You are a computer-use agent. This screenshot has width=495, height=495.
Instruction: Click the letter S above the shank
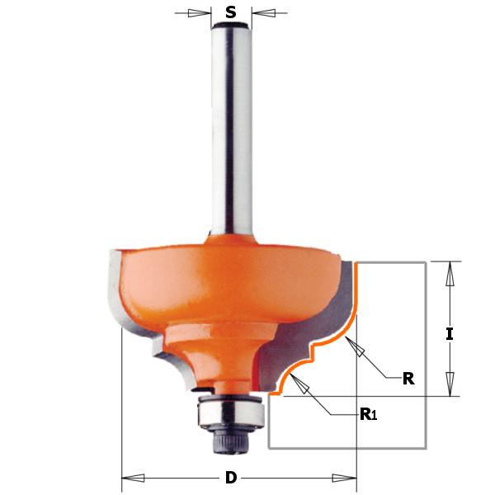pyautogui.click(x=231, y=12)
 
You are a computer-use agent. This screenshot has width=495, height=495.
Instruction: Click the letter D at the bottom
pyautogui.click(x=231, y=477)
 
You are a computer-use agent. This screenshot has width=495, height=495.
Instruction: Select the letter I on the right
pyautogui.click(x=450, y=333)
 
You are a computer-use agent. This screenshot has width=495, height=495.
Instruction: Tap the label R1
pyautogui.click(x=368, y=414)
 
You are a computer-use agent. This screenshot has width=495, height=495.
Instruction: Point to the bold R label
pyautogui.click(x=408, y=379)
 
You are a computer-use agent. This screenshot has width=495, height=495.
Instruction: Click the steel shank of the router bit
pyautogui.click(x=231, y=132)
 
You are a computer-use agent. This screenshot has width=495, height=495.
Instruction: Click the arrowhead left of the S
pyautogui.click(x=198, y=13)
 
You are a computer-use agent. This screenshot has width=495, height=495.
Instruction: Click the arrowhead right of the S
pyautogui.click(x=264, y=13)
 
